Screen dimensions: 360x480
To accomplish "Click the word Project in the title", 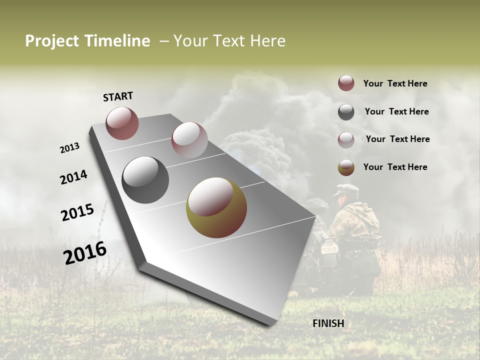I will pos(52,41).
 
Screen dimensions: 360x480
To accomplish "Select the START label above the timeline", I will pos(118,96).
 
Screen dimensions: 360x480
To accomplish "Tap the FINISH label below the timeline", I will pos(328,323).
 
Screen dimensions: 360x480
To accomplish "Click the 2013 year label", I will pos(69,147).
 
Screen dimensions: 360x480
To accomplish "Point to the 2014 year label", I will pos(74,177).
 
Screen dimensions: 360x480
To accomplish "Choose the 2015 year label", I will pos(77,212).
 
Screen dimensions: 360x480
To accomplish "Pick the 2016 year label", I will pos(85,253).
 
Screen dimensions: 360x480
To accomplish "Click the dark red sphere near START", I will pos(122,123).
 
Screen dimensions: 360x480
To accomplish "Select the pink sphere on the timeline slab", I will pos(189,139).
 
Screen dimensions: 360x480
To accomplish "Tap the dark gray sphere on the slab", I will pos(145,180).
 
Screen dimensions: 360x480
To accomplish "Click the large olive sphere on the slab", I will pos(216,207).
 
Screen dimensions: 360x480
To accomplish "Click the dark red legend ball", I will pos(346,83).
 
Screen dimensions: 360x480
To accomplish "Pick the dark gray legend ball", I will pos(346,112).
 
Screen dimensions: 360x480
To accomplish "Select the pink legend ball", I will pos(346,139).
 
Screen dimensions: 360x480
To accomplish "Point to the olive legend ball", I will pos(346,167).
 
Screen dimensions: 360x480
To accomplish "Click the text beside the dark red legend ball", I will pos(395,84).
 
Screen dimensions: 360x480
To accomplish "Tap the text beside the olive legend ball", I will pos(395,167).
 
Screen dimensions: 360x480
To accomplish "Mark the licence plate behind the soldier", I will pos(329,247).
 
